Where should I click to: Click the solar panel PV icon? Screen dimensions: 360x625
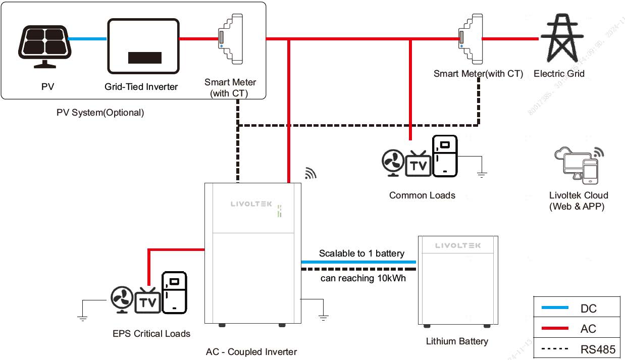click(x=44, y=45)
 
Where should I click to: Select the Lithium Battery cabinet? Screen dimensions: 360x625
click(x=458, y=280)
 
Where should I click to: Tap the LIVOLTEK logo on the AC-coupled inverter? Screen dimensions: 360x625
click(x=251, y=204)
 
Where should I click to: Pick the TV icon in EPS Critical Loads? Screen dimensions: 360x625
click(x=148, y=301)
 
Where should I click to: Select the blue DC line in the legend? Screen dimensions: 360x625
click(x=554, y=307)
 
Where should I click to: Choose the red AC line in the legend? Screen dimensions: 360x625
click(x=554, y=329)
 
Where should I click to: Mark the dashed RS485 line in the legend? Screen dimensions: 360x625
click(x=554, y=349)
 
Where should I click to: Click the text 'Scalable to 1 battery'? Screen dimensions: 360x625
click(x=361, y=253)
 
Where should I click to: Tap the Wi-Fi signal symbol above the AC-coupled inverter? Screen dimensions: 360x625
click(x=310, y=173)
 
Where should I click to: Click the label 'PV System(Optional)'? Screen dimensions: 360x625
click(x=100, y=113)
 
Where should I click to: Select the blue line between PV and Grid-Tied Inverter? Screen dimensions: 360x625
click(x=87, y=39)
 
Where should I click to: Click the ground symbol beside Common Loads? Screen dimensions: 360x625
click(x=482, y=175)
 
